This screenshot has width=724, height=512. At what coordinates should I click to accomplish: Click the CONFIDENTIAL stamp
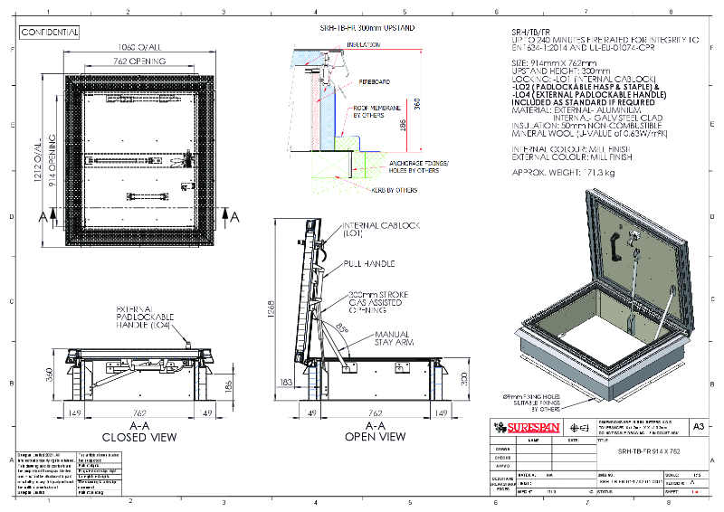(x=50, y=32)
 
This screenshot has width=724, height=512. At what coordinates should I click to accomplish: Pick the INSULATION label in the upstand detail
(x=363, y=43)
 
